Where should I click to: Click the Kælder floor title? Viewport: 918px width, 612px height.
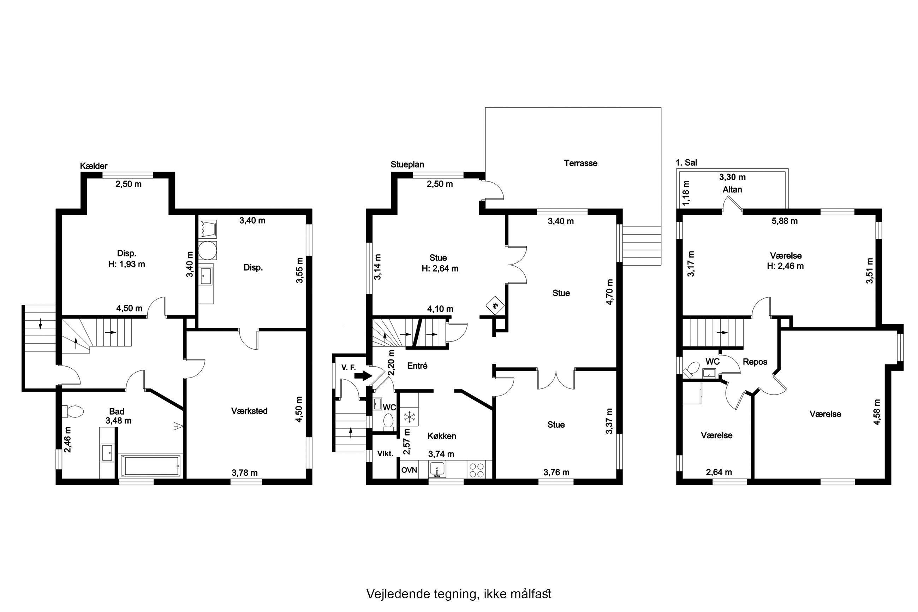pos(94,166)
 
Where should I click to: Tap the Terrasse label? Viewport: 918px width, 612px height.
pos(580,163)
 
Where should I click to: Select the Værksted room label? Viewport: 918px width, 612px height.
pos(249,411)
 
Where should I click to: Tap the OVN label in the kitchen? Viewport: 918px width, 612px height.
pos(409,470)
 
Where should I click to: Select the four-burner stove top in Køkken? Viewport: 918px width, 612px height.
pos(476,470)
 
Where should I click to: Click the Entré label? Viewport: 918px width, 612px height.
pos(417,366)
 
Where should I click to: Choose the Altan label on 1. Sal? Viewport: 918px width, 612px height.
pos(732,190)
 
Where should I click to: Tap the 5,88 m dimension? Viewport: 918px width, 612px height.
pos(785,221)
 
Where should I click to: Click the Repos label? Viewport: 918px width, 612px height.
pos(755,362)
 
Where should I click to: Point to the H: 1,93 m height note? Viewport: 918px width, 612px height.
pos(126,264)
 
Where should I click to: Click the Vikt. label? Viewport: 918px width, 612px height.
pos(385,453)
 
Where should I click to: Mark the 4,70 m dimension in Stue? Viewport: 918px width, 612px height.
pos(610,292)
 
